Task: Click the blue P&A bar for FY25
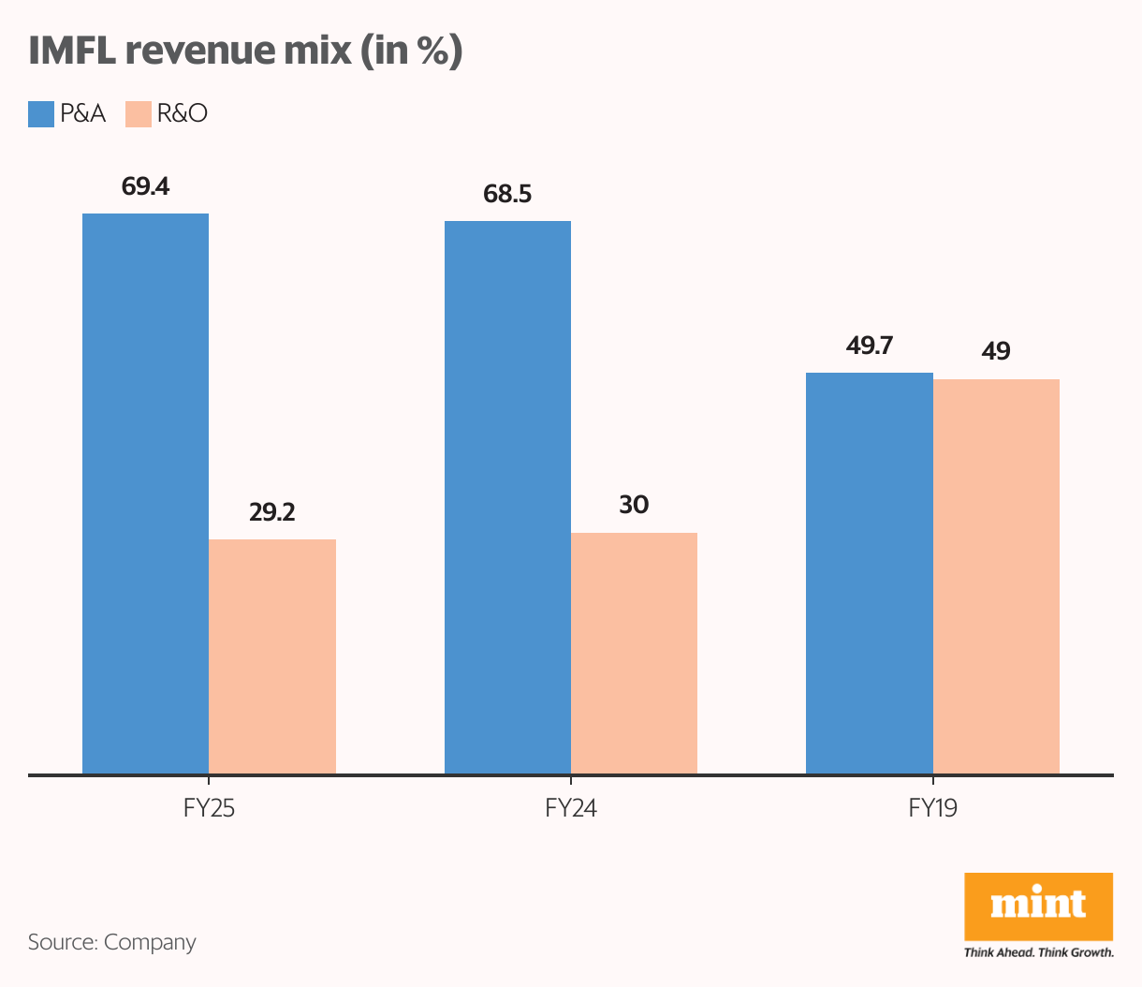[x=145, y=493]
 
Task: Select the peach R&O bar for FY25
[x=272, y=656]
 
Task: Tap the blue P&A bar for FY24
[x=507, y=497]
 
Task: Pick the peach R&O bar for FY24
[x=634, y=653]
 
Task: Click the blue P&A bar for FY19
[x=870, y=573]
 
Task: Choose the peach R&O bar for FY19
[x=996, y=576]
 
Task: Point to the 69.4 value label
[x=145, y=186]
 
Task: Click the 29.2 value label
[x=272, y=512]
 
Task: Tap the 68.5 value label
[x=507, y=194]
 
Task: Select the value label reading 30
[x=634, y=506]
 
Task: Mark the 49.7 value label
[x=870, y=346]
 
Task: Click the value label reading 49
[x=996, y=352]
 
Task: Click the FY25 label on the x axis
[x=209, y=808]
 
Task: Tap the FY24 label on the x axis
[x=571, y=808]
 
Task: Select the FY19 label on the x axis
[x=932, y=808]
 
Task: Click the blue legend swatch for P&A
[x=41, y=114]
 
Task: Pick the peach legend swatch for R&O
[x=139, y=114]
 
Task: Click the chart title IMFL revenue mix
[x=245, y=51]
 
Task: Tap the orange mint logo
[x=1038, y=906]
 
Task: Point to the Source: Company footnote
[x=112, y=942]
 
